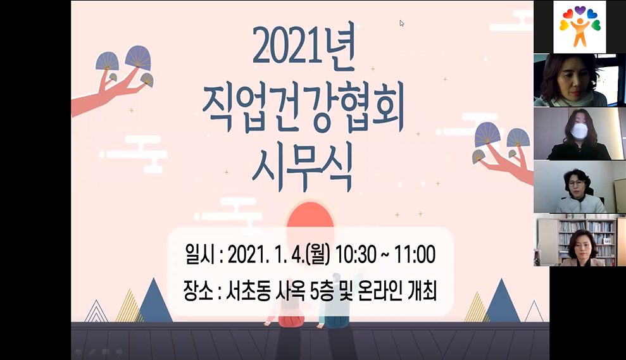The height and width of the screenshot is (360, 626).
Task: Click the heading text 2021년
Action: click(x=304, y=48)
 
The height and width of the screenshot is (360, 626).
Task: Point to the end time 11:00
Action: click(x=415, y=254)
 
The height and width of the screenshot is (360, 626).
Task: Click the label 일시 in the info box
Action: click(x=200, y=254)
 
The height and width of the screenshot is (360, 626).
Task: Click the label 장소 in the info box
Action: click(x=198, y=290)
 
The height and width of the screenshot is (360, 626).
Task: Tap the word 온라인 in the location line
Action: click(x=380, y=290)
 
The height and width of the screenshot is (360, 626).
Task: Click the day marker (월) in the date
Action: click(x=318, y=254)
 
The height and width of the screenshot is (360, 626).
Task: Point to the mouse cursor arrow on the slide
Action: click(x=402, y=23)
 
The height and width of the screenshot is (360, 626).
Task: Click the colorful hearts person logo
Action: click(x=580, y=27)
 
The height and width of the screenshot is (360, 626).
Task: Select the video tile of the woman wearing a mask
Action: click(x=580, y=133)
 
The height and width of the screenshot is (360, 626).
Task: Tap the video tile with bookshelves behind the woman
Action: click(x=580, y=240)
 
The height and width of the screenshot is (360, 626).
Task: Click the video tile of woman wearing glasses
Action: click(x=580, y=187)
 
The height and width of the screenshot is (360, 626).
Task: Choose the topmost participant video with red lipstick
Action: click(x=580, y=80)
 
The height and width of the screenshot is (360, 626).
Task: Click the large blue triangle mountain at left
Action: click(x=154, y=302)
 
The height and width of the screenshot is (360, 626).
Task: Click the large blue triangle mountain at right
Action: click(x=502, y=302)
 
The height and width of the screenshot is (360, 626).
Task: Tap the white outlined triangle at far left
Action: click(x=96, y=311)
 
